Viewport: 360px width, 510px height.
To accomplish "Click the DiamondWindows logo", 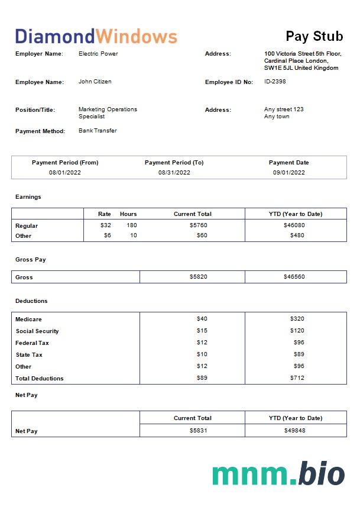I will coord(96,36).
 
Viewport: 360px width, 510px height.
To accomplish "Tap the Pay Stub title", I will coord(314,36).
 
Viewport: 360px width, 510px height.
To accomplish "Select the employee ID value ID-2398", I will coord(275,82).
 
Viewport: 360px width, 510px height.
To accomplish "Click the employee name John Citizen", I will coord(95,82).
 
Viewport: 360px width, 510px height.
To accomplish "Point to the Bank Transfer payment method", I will coord(98,131).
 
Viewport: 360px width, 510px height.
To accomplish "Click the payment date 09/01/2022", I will coord(288,173).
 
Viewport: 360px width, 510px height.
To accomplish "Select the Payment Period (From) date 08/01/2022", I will coord(65,173).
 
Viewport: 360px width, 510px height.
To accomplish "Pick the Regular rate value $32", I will coord(106,225).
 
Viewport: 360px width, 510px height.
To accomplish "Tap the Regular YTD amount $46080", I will coord(296,225).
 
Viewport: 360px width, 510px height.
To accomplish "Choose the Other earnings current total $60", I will coord(202,235).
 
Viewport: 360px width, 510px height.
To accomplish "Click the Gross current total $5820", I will coord(199,277).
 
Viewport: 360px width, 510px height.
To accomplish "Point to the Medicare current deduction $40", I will coord(202,319).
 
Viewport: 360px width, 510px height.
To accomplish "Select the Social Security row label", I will coord(37,331).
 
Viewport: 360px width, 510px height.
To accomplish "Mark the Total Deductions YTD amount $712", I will coord(297,378).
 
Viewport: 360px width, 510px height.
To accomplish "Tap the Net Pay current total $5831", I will coord(199,431).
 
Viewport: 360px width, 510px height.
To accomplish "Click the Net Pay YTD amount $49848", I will coord(296,431).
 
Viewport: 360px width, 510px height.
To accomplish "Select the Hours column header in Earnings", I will coord(128,214).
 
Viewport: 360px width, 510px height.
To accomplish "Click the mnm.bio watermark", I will coord(278,474).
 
